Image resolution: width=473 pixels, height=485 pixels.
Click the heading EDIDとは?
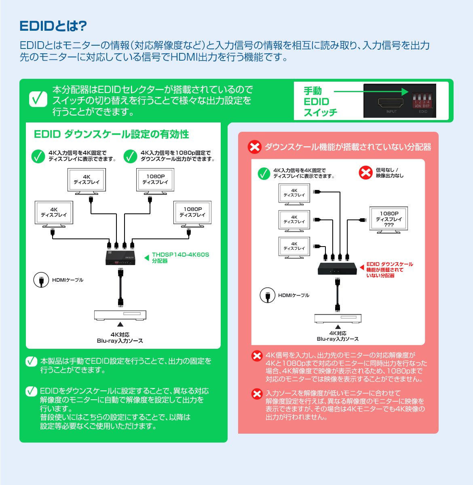(x=53, y=26)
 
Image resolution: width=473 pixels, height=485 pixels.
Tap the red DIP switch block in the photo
(x=422, y=101)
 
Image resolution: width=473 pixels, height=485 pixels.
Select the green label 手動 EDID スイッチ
(x=320, y=102)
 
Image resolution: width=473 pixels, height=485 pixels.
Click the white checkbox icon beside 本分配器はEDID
(x=38, y=99)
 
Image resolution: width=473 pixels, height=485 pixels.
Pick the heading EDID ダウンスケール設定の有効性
(x=111, y=134)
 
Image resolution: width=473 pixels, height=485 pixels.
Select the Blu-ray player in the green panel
(x=120, y=315)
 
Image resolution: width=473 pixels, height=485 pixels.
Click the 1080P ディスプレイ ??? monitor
(x=389, y=219)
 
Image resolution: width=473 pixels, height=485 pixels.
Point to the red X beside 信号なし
(x=365, y=173)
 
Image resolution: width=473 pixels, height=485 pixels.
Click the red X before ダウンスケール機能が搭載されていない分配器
(x=255, y=147)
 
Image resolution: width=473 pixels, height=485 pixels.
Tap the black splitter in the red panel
(x=337, y=269)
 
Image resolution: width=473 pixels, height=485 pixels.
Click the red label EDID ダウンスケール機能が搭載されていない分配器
(x=389, y=270)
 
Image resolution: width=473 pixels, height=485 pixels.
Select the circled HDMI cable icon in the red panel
(x=267, y=295)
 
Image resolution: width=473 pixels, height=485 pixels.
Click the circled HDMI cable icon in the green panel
(x=41, y=280)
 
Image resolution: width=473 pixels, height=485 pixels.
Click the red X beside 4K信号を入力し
(x=257, y=356)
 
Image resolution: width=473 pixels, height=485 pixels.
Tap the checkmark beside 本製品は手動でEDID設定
(x=31, y=361)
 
